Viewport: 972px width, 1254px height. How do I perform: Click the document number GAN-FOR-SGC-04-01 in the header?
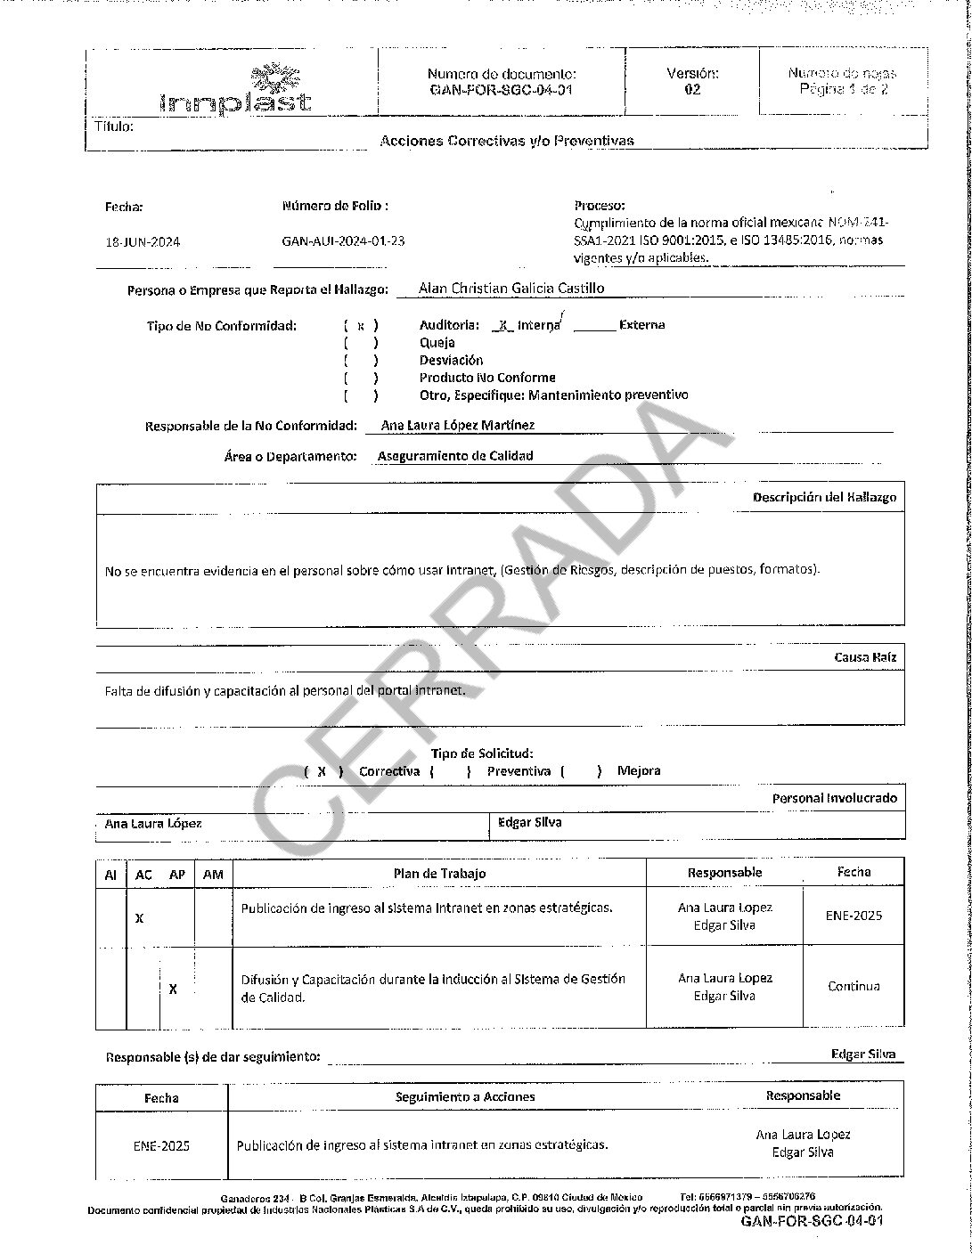[x=502, y=91]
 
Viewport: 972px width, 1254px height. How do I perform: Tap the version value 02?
[x=692, y=90]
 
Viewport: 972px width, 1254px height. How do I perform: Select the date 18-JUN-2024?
[x=143, y=241]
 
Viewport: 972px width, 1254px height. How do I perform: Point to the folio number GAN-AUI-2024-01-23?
[x=343, y=240]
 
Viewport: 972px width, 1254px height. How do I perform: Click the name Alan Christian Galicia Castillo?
[x=511, y=288]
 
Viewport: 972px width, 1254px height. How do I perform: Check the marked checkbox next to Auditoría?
[x=361, y=326]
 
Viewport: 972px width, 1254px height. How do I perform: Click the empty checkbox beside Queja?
[x=361, y=343]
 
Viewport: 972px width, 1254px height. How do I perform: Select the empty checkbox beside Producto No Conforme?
[x=361, y=378]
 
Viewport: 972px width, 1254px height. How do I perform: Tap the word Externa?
[x=641, y=325]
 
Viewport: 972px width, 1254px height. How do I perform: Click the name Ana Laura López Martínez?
[x=458, y=426]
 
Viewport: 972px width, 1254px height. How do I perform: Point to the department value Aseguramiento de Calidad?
[x=455, y=456]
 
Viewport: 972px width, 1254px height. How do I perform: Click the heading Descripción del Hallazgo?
[x=824, y=497]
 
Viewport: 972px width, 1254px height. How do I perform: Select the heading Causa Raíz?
[x=865, y=657]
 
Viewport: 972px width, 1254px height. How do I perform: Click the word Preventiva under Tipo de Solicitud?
[x=519, y=771]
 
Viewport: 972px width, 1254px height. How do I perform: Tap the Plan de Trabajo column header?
[x=440, y=874]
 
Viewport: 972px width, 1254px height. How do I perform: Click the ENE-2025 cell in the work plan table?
[x=854, y=916]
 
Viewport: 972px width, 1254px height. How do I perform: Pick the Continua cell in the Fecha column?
[x=854, y=986]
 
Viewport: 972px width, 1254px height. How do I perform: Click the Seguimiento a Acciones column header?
[x=465, y=1097]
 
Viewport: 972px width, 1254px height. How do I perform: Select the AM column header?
[x=213, y=875]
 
